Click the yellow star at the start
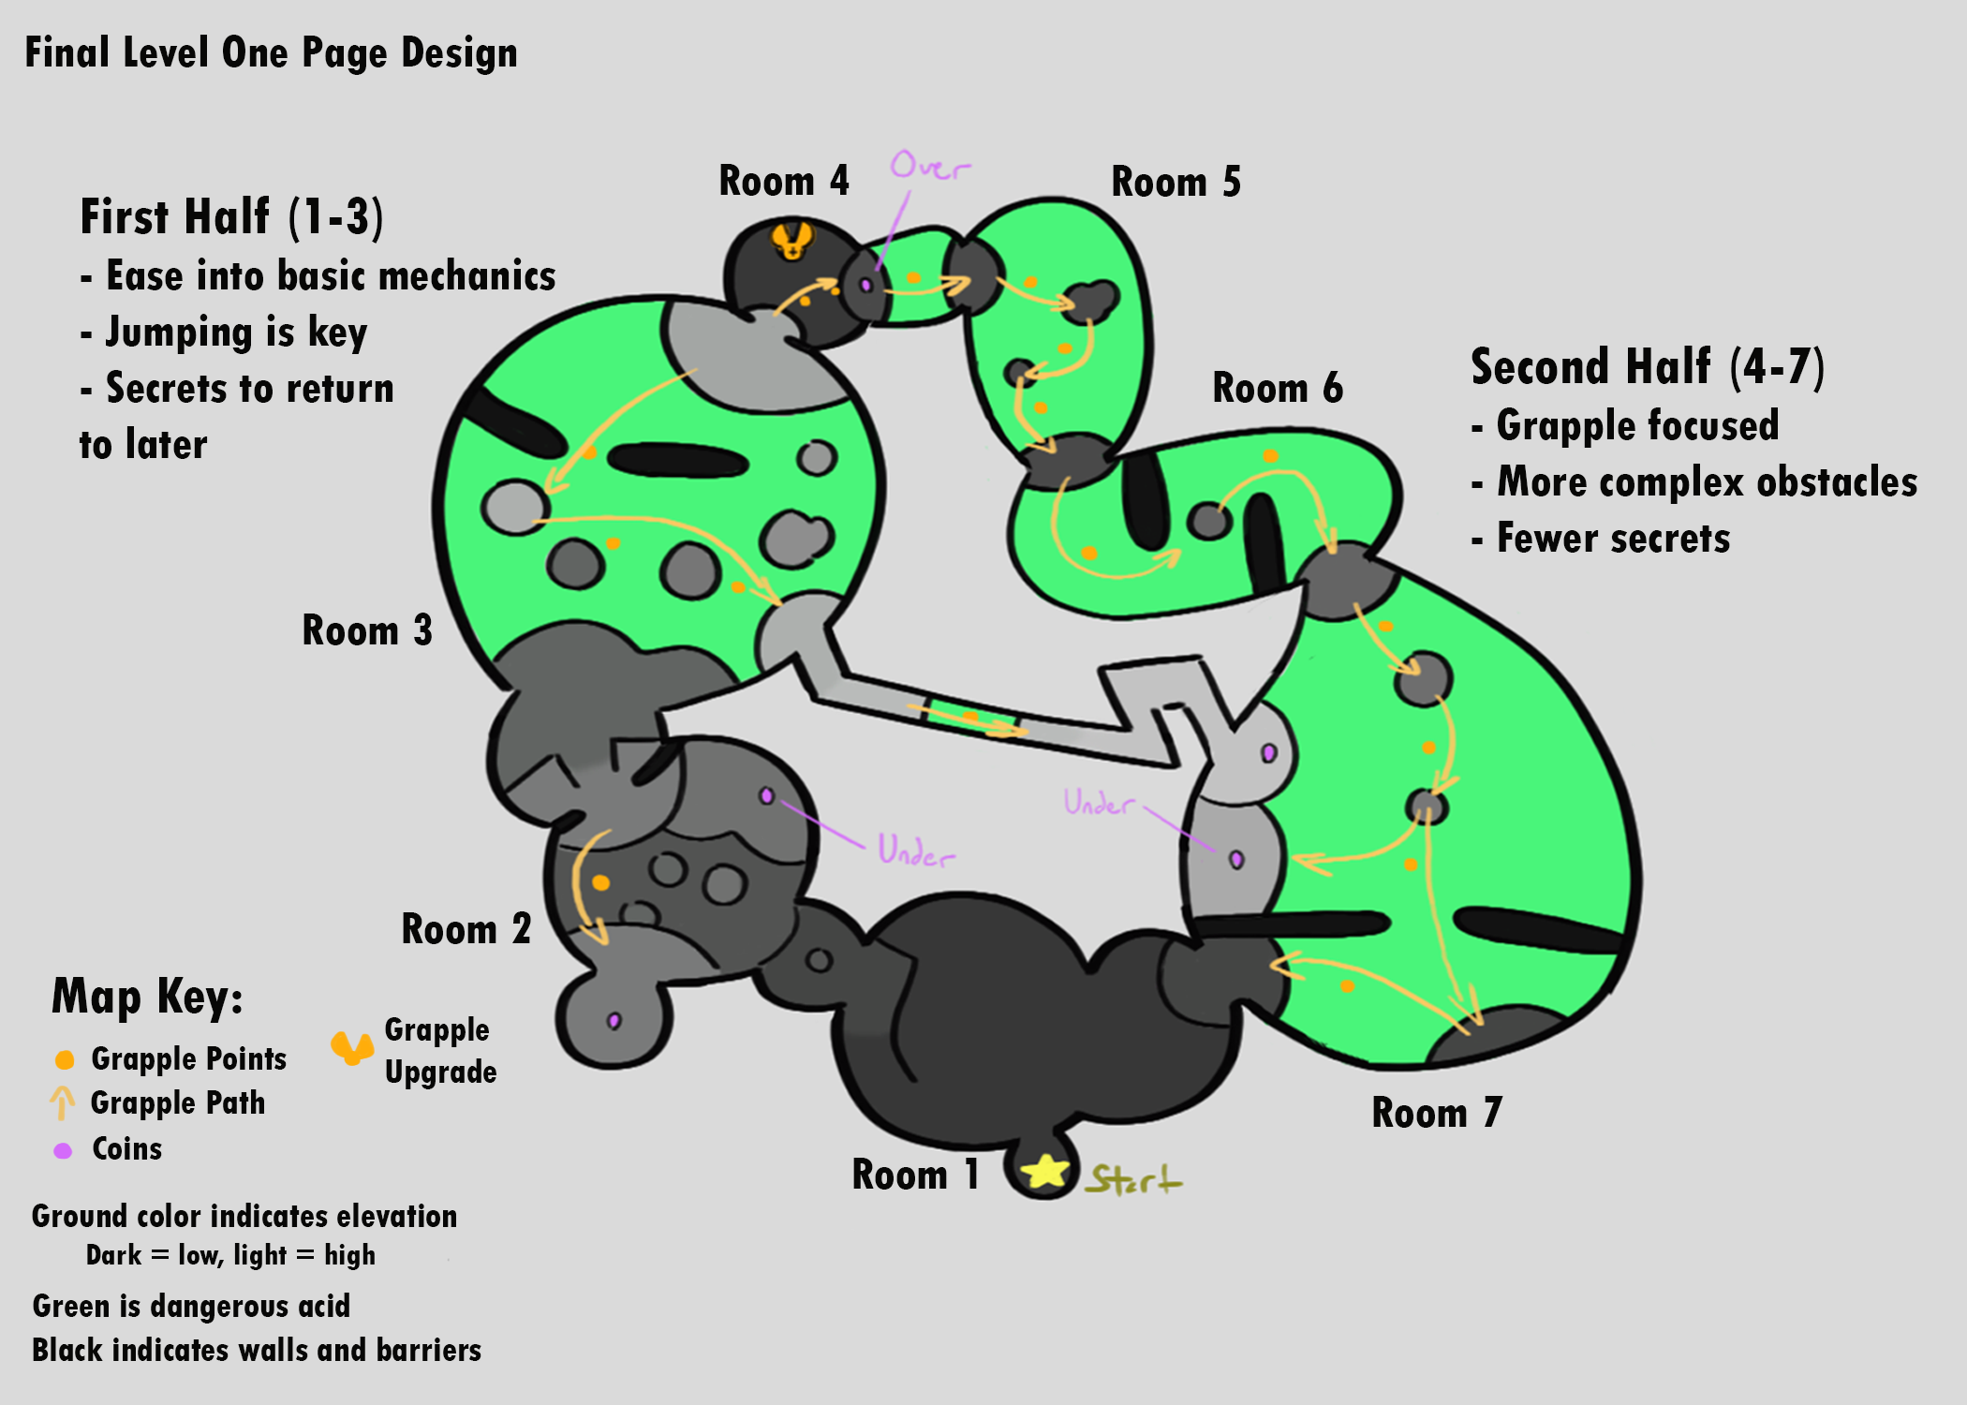(1044, 1171)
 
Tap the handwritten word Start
(1134, 1179)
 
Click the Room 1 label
(915, 1175)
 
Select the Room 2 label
(466, 929)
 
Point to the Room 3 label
(366, 630)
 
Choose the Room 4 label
(783, 181)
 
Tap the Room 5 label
(1176, 182)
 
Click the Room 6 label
(1277, 388)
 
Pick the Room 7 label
(1436, 1113)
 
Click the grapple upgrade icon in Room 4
(791, 240)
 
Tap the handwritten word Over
(929, 166)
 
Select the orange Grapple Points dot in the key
(65, 1059)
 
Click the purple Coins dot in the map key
(63, 1150)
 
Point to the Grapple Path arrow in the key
(62, 1102)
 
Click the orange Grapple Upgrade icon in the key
(352, 1048)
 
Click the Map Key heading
(147, 997)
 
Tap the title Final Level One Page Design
(271, 53)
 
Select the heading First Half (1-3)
(231, 216)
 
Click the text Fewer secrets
(1612, 539)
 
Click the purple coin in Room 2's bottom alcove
(614, 1020)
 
